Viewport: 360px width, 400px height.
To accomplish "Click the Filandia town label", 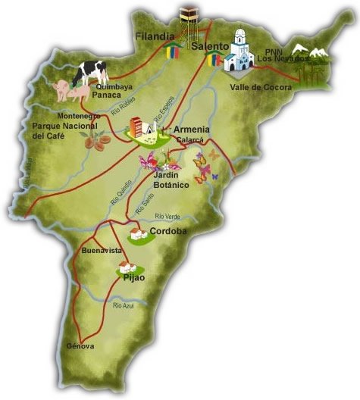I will coord(155,36).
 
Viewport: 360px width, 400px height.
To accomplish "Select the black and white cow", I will coord(91,73).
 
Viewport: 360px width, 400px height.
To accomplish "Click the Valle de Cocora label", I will coord(257,88).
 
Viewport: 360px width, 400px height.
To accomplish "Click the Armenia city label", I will coord(192,130).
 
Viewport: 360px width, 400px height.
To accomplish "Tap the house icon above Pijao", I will coord(126,267).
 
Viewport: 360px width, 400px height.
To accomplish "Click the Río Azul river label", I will coord(123,305).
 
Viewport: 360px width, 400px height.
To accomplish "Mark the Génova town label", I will coord(80,346).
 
